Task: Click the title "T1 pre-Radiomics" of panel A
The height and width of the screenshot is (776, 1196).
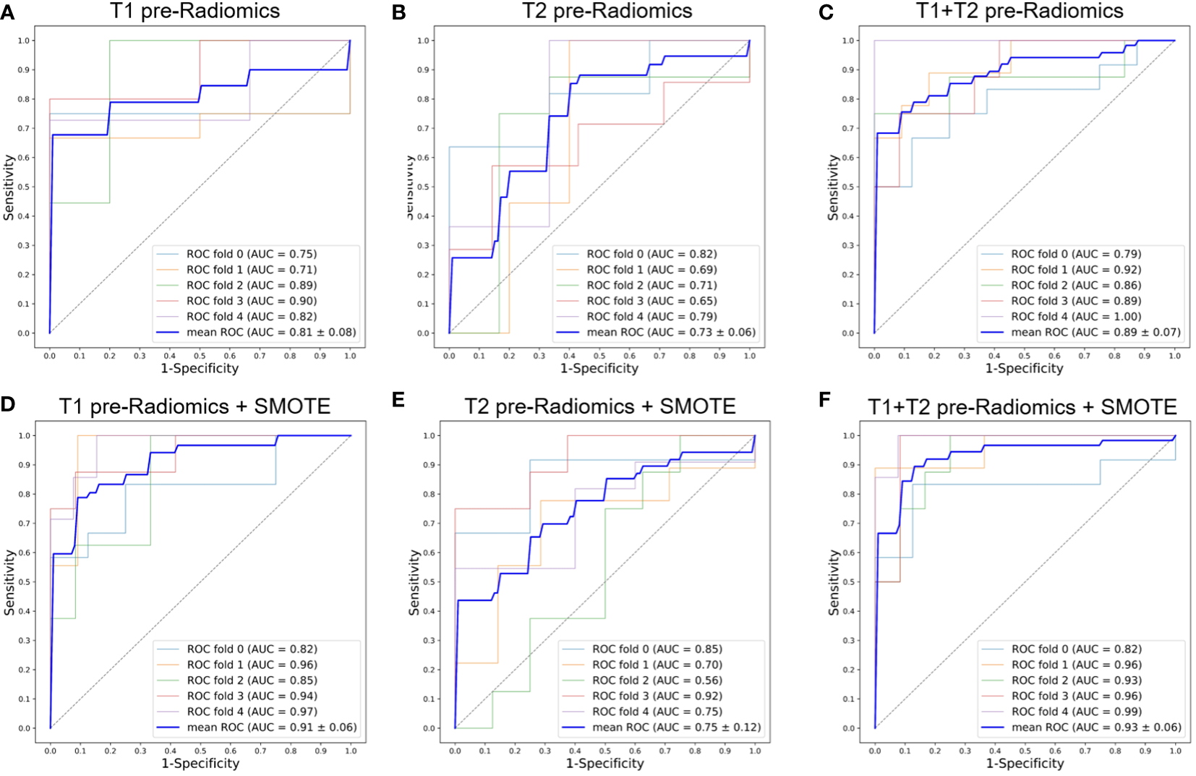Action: [195, 11]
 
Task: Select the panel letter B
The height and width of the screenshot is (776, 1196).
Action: [398, 12]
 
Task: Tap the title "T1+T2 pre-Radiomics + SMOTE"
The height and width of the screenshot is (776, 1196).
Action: [1022, 407]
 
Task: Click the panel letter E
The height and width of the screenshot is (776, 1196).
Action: [398, 400]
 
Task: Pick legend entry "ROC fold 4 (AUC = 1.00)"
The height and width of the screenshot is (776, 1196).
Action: [1076, 317]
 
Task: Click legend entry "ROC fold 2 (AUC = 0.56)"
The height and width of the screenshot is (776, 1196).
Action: [657, 681]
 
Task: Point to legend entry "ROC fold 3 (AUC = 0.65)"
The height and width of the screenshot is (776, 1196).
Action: [652, 301]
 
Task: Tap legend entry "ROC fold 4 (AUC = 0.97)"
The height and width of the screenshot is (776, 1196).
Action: [252, 712]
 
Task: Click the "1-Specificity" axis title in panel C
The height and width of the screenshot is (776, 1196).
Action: [1024, 369]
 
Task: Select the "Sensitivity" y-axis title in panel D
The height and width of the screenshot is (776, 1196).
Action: [9, 582]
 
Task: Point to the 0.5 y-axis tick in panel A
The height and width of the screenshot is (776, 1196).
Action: [24, 187]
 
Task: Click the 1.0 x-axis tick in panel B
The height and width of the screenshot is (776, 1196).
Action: [750, 356]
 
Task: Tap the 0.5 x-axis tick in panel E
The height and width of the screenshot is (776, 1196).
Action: [605, 751]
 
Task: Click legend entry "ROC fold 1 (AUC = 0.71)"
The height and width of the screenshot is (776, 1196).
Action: [252, 270]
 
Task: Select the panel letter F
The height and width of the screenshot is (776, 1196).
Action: [825, 400]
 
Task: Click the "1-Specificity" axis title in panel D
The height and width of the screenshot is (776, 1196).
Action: [200, 764]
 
